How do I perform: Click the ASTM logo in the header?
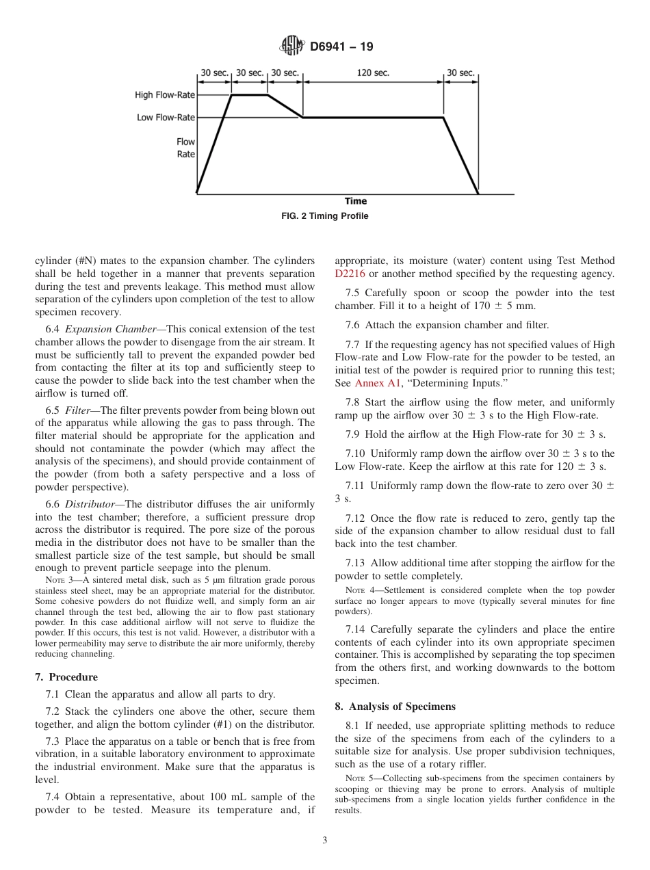click(x=292, y=47)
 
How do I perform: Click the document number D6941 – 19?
click(x=341, y=47)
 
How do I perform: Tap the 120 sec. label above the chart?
click(x=373, y=73)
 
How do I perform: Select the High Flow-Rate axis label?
click(x=165, y=95)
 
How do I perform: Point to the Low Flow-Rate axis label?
click(x=166, y=118)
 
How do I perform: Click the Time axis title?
click(x=355, y=201)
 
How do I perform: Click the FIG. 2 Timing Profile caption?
click(x=325, y=216)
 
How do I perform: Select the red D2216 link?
click(x=350, y=274)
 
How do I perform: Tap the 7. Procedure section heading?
click(x=66, y=677)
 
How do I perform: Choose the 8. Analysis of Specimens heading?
click(x=395, y=707)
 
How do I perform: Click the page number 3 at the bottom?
click(x=325, y=841)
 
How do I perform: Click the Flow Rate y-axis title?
click(x=185, y=148)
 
